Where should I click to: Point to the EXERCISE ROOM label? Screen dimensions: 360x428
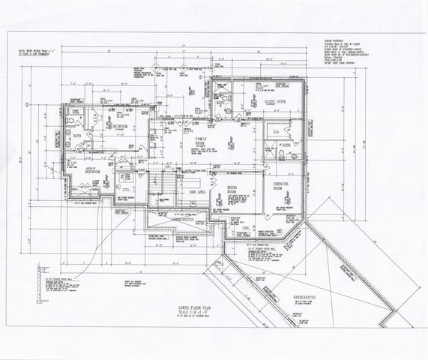(281, 185)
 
